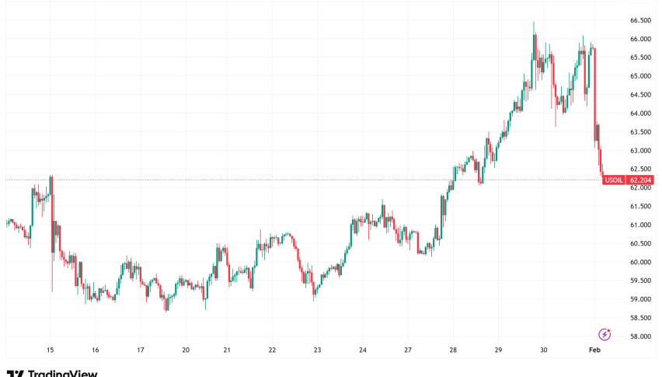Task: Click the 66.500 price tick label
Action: tap(640, 20)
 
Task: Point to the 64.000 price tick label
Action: tap(640, 113)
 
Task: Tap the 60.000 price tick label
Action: tap(640, 262)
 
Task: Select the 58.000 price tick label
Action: tap(640, 337)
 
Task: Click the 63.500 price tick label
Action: tap(640, 132)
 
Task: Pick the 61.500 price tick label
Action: tap(640, 206)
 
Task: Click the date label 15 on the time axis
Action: tap(51, 351)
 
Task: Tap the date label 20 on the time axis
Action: tap(186, 351)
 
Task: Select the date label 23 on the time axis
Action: tap(317, 351)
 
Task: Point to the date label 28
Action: tap(453, 351)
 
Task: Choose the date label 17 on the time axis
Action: tap(141, 351)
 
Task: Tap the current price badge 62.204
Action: tap(641, 180)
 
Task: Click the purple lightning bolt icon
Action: tap(605, 334)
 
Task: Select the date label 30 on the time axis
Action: tap(543, 351)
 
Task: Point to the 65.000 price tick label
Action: tap(640, 76)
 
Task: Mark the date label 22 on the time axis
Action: tap(272, 351)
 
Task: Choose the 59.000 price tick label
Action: tap(640, 299)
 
